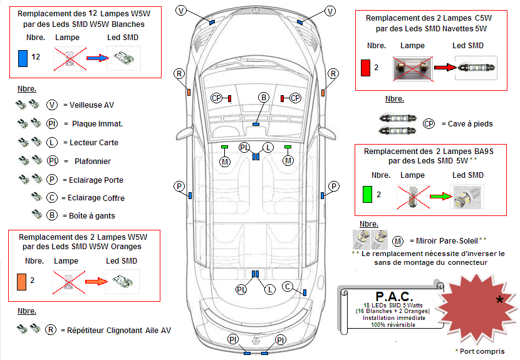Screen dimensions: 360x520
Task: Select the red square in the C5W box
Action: [365, 67]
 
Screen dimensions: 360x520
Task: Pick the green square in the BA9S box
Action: [367, 195]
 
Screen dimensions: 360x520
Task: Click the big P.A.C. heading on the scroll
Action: [393, 295]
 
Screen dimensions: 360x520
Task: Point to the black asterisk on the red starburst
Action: [499, 301]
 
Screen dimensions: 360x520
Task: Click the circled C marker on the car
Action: [288, 286]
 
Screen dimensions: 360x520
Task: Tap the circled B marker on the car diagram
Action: [264, 97]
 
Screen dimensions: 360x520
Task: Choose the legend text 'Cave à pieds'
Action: [466, 124]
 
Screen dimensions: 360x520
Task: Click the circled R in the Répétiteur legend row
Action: [51, 330]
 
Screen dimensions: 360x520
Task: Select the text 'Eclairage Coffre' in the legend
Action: [93, 198]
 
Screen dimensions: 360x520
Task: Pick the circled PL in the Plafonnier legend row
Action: [53, 161]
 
